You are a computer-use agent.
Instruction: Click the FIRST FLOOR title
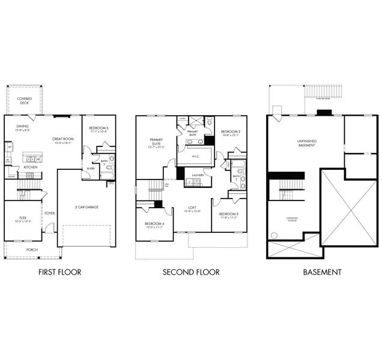pyautogui.click(x=59, y=272)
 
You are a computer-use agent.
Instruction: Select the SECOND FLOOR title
pyautogui.click(x=191, y=272)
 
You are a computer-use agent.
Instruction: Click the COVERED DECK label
pyautogui.click(x=24, y=100)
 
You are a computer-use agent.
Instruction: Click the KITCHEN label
pyautogui.click(x=31, y=167)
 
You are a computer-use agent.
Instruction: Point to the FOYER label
pyautogui.click(x=49, y=212)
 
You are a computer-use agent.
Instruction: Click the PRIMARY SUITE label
pyautogui.click(x=156, y=142)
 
